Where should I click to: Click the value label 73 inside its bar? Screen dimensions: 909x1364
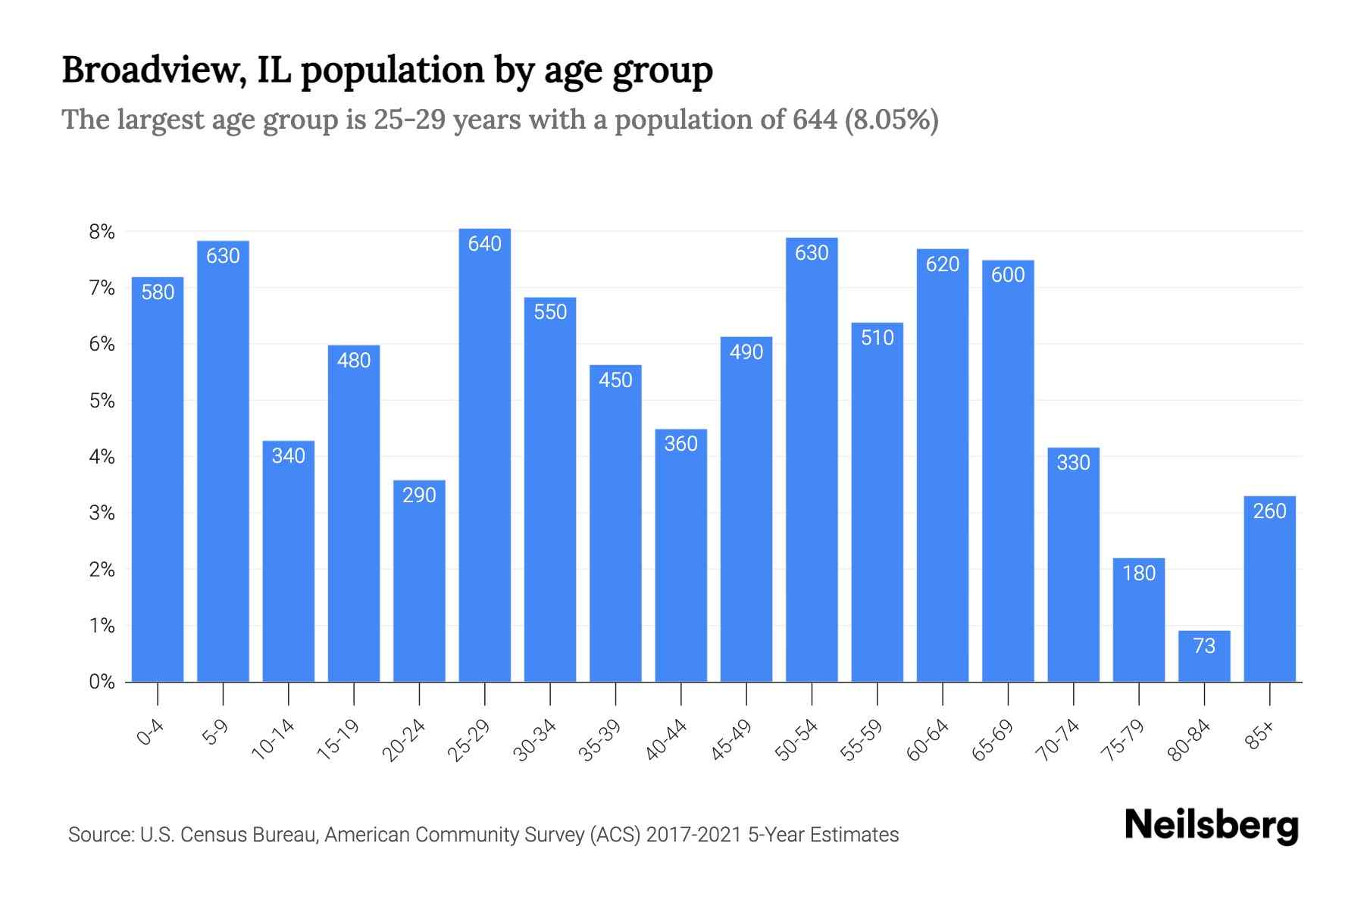pyautogui.click(x=1204, y=646)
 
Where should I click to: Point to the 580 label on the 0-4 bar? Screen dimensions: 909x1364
pyautogui.click(x=158, y=292)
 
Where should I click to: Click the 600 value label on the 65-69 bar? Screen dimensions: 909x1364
pyautogui.click(x=1008, y=275)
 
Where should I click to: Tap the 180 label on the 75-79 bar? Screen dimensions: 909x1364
pyautogui.click(x=1139, y=573)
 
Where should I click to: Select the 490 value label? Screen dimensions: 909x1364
pyautogui.click(x=746, y=352)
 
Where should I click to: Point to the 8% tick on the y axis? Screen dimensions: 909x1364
pyautogui.click(x=102, y=232)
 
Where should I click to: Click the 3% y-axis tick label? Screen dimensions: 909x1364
pyautogui.click(x=102, y=514)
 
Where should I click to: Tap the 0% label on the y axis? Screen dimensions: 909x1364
pyautogui.click(x=102, y=682)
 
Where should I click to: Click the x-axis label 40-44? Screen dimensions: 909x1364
pyautogui.click(x=667, y=740)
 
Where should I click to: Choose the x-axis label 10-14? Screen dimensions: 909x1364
pyautogui.click(x=274, y=740)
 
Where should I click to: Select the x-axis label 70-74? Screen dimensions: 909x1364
pyautogui.click(x=1059, y=740)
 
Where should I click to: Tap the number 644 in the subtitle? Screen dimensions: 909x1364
pyautogui.click(x=815, y=120)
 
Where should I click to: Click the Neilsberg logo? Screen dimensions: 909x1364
pyautogui.click(x=1211, y=826)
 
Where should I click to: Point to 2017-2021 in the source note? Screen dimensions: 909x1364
pyautogui.click(x=694, y=835)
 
